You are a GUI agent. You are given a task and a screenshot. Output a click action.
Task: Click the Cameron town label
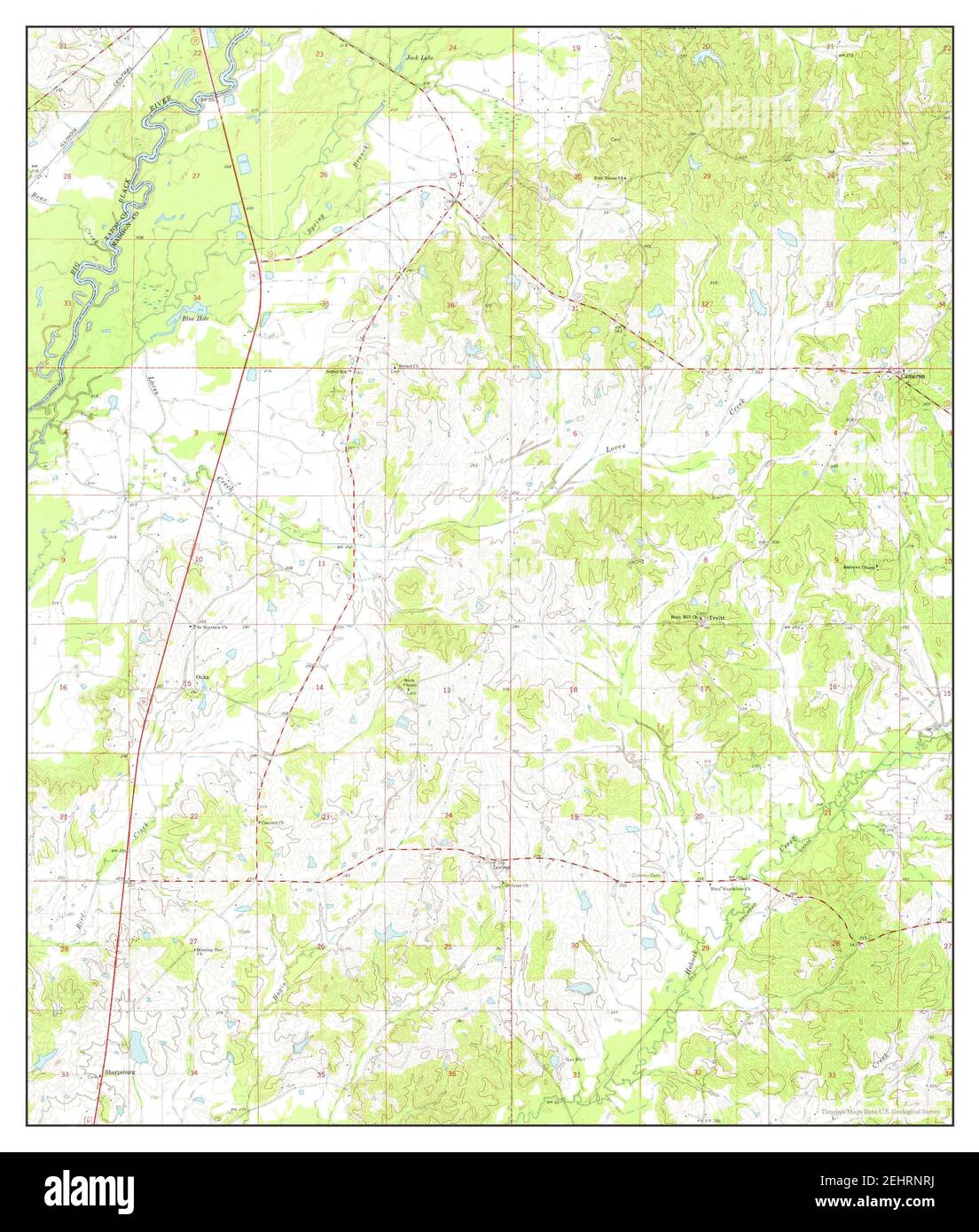[x=913, y=377]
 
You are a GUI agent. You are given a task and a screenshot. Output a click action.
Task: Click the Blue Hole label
[x=194, y=317]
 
